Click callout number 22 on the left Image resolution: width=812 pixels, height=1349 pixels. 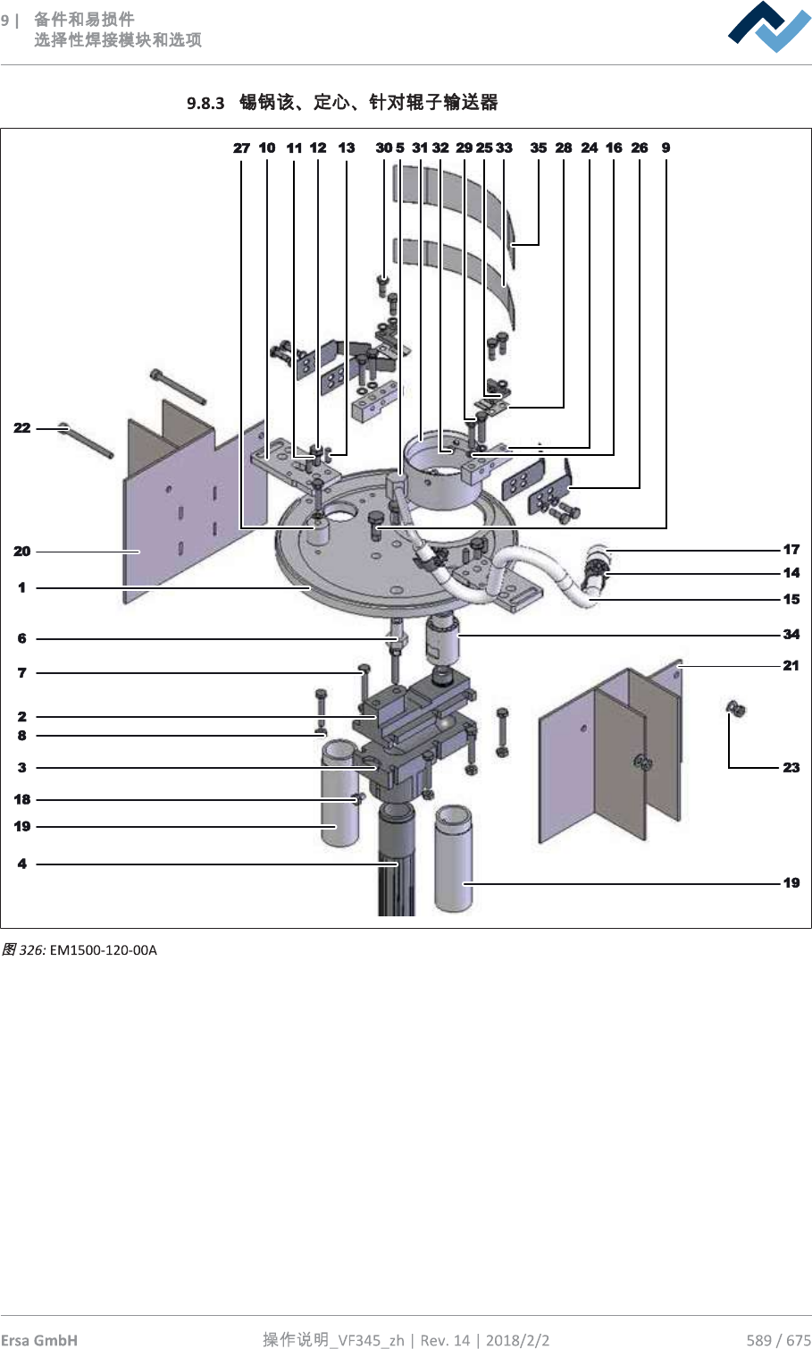22,428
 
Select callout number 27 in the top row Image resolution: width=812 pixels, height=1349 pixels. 241,148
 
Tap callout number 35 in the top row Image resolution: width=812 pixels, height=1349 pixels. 538,148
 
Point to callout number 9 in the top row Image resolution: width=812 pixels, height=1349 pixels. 666,148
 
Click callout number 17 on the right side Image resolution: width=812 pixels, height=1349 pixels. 791,550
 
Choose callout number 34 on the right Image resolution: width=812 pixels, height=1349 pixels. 791,635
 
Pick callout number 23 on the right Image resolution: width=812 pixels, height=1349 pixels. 791,768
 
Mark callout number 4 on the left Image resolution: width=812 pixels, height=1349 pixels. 22,864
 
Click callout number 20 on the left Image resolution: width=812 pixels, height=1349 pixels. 22,552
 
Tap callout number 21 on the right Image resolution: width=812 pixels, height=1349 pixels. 791,666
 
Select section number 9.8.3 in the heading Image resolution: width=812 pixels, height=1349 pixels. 205,104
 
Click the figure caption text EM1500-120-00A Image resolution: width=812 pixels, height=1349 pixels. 104,950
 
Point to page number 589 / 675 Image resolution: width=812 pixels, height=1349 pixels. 778,1340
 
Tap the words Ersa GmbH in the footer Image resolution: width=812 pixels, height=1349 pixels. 39,1340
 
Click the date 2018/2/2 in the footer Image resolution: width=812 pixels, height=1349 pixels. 517,1340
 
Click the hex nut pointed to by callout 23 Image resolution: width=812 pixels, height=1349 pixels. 736,710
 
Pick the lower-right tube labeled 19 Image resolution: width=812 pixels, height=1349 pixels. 453,858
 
